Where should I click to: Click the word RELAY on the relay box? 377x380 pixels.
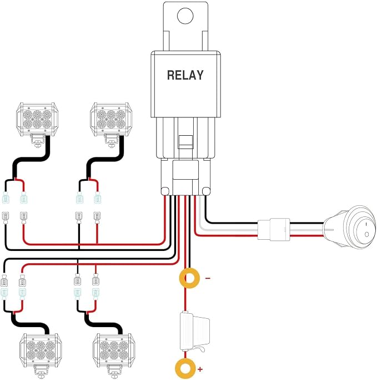pos(185,75)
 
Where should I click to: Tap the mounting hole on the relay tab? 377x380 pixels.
pos(185,16)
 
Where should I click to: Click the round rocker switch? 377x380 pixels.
pos(350,227)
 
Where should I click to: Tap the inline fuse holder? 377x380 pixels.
pos(194,332)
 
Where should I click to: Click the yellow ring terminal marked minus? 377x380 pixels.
pos(189,278)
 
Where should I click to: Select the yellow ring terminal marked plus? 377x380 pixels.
pos(185,369)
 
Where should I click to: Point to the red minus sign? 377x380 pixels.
pos(208,278)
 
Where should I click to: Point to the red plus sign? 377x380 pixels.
pos(200,369)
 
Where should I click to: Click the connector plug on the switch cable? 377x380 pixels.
pos(274,229)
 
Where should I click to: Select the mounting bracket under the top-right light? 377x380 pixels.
pos(112,141)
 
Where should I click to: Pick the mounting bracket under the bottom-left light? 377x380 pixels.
pos(40,372)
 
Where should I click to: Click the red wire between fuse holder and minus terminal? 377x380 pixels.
pos(185,300)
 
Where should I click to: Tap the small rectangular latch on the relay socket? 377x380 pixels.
pos(185,142)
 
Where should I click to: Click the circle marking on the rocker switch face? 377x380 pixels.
pos(366,234)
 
